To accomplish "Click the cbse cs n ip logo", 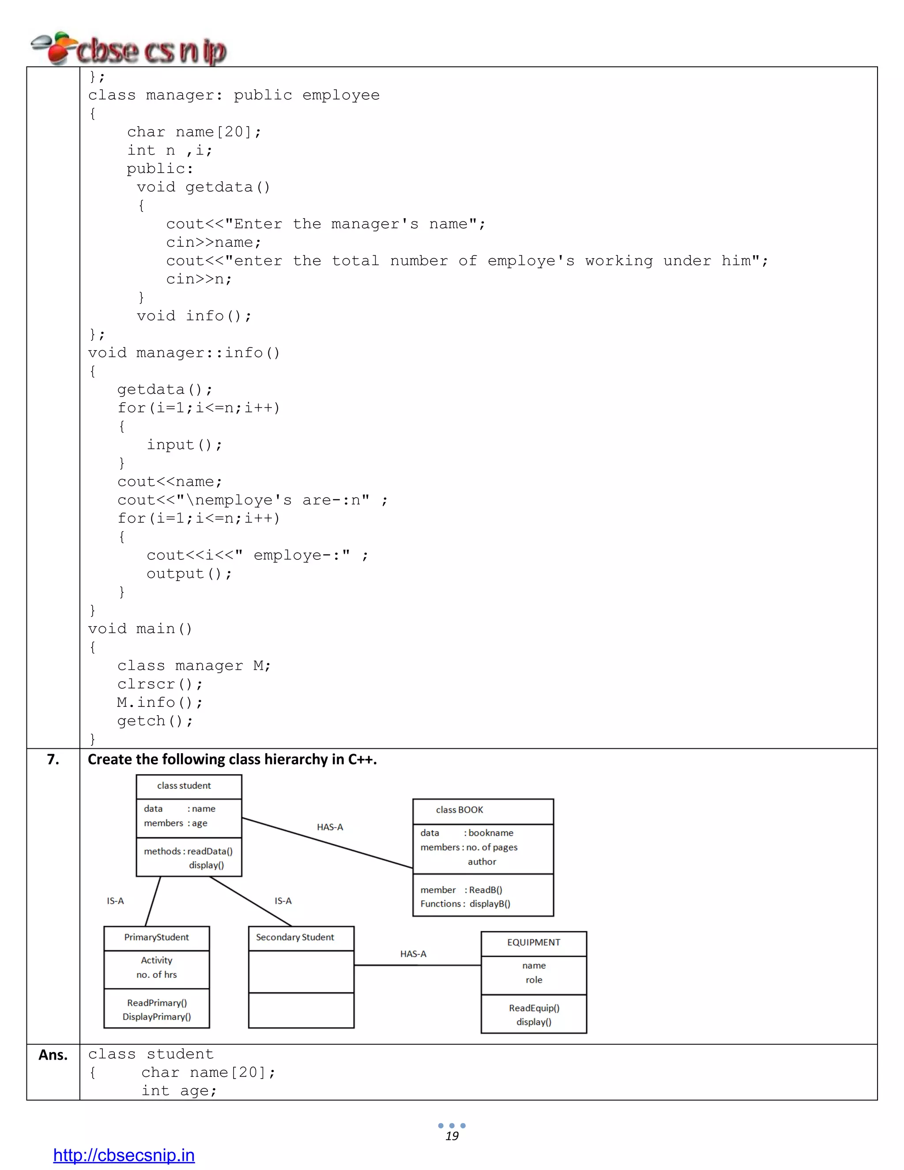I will [x=128, y=49].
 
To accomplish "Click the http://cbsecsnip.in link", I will [x=124, y=1155].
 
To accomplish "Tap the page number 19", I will [x=452, y=1136].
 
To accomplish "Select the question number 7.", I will [x=53, y=759].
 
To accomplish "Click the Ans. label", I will [x=53, y=1054].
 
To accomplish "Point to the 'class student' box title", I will [x=184, y=785].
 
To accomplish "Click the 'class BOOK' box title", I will [x=459, y=809].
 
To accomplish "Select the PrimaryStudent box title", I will [x=156, y=937].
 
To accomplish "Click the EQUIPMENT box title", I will [x=533, y=942].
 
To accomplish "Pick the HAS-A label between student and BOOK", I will [x=330, y=827].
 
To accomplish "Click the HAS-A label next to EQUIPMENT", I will [x=413, y=954].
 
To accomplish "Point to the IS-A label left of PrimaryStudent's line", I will [x=115, y=901].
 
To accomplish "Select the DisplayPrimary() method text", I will [x=156, y=1017].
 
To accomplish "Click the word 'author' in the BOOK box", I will [x=482, y=861].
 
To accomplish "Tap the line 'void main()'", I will [x=140, y=628].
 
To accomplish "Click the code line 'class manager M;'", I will [x=194, y=665].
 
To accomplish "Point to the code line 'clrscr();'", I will [x=160, y=684].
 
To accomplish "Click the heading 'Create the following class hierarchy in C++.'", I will [x=232, y=759].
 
